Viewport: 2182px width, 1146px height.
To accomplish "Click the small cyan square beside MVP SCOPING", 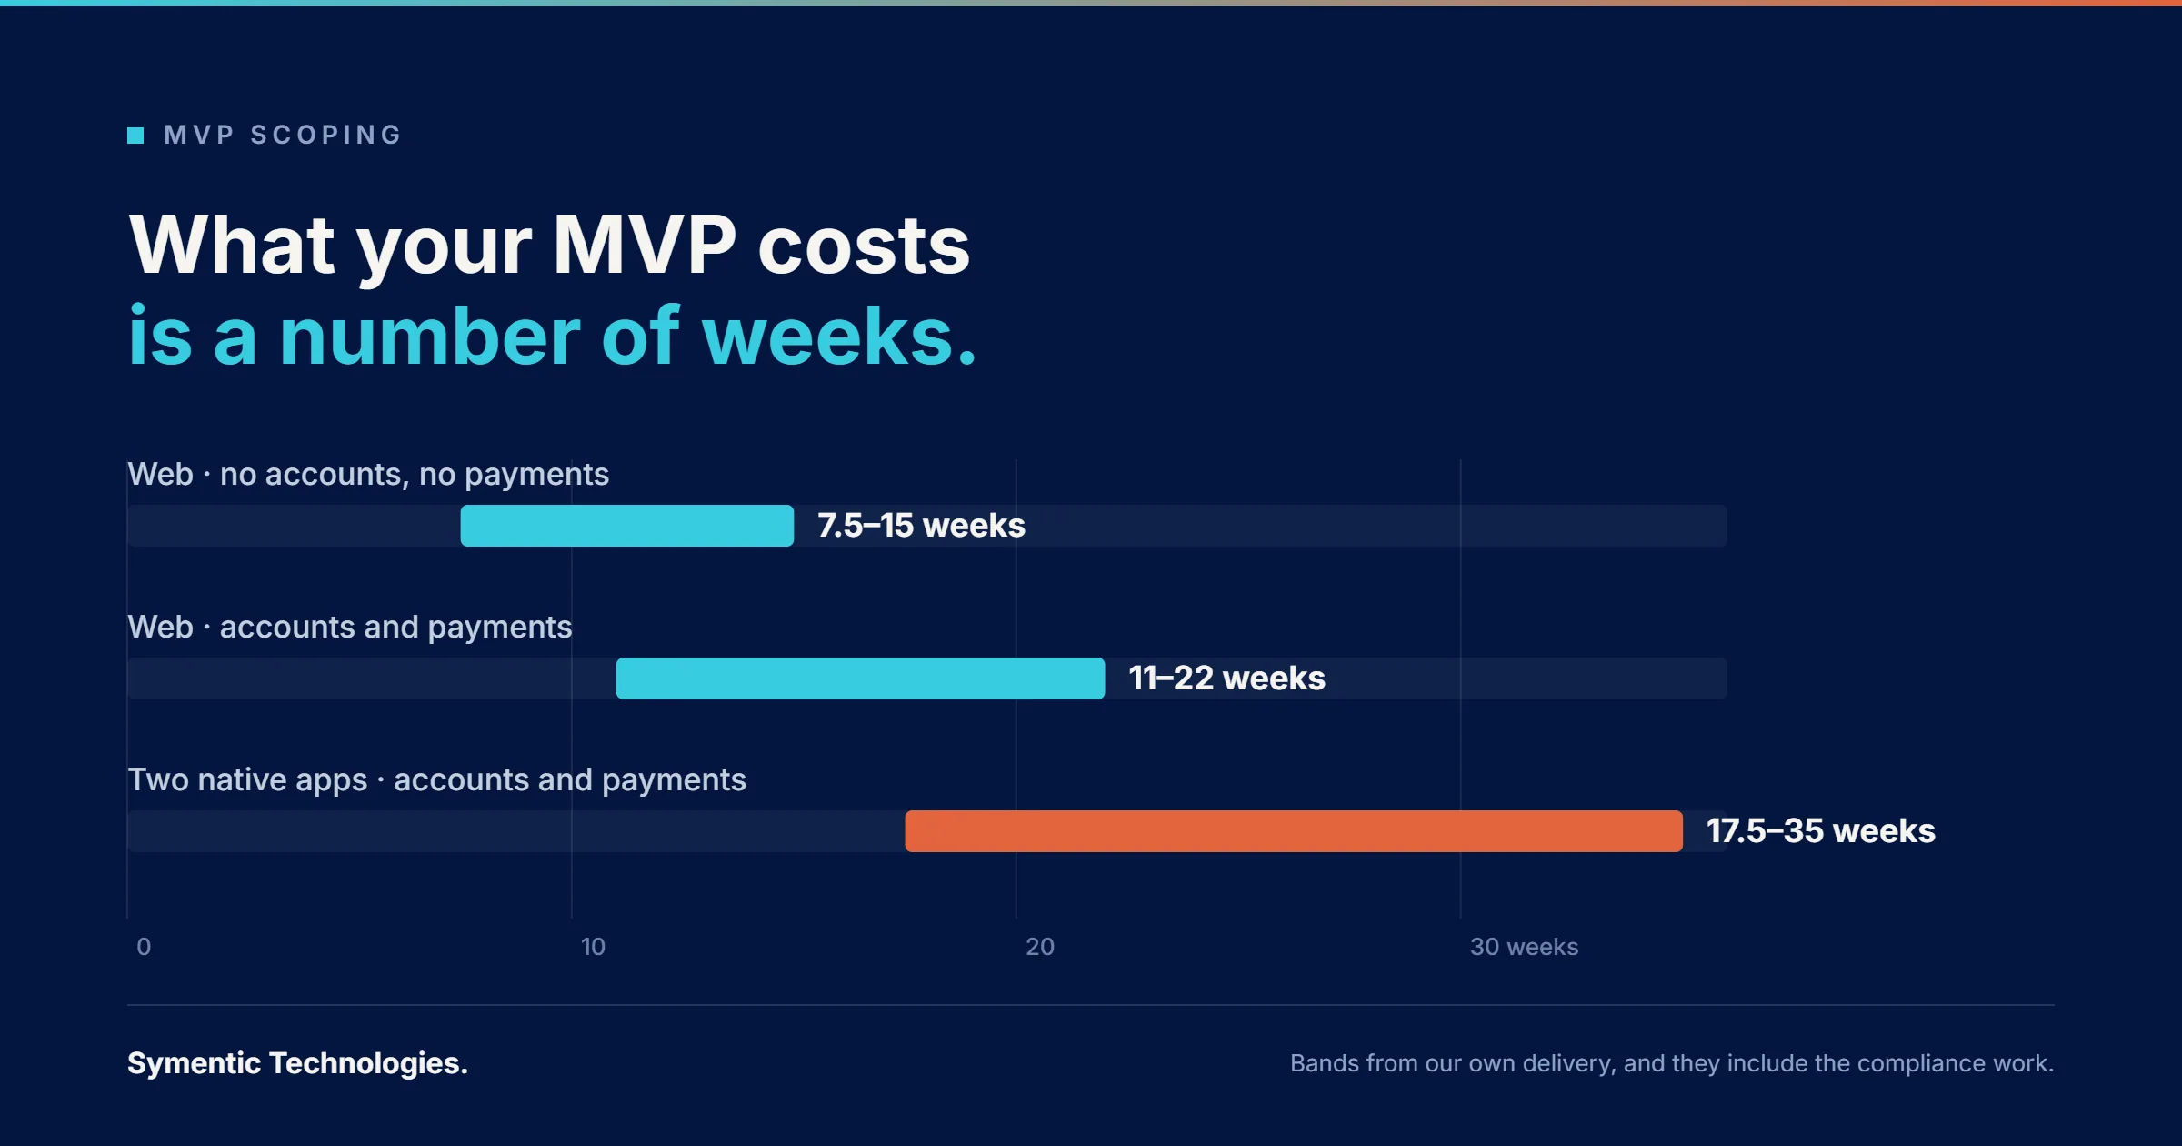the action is (x=135, y=136).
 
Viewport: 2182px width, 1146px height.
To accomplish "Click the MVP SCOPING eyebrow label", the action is (x=283, y=136).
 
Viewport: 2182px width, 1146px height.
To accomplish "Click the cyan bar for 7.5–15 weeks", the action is (x=627, y=526).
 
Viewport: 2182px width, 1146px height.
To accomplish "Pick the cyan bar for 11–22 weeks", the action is (x=860, y=679).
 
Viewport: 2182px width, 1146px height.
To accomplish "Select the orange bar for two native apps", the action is (x=1294, y=831).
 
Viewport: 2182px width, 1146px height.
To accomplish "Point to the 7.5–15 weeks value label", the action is (x=921, y=526).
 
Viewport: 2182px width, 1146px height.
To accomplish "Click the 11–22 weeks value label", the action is (x=1226, y=679).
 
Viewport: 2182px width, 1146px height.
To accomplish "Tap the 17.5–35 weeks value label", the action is (x=1820, y=831).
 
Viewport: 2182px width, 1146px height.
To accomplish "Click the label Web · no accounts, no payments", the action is (x=368, y=475).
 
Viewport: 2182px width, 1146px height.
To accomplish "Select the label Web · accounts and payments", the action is (x=350, y=628).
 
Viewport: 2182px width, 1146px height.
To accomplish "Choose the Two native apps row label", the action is (x=436, y=780).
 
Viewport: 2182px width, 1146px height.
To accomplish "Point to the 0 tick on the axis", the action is (x=144, y=947).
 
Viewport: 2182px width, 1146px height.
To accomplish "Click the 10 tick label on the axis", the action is (x=593, y=947).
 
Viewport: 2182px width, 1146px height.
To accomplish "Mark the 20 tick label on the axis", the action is (x=1040, y=947).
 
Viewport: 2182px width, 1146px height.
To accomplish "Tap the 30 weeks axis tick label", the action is (x=1524, y=947).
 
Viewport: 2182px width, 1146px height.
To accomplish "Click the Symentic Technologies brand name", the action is (x=297, y=1063).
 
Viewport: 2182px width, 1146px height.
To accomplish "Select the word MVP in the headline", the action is (x=645, y=246).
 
